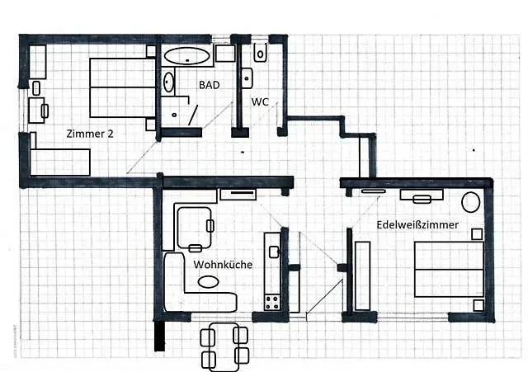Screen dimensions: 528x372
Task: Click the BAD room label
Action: [x=209, y=85]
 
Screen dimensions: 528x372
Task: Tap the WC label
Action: [x=260, y=101]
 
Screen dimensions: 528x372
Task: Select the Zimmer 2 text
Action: [x=90, y=134]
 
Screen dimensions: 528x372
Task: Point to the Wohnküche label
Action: [x=223, y=265]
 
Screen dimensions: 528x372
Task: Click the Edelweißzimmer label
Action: [x=417, y=224]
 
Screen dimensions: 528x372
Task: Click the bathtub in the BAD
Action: [x=187, y=56]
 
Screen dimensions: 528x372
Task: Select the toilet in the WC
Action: [x=261, y=53]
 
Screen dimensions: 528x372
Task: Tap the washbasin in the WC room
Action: [x=247, y=78]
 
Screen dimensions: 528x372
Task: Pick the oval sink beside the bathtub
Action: [x=168, y=82]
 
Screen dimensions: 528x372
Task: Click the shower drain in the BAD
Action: [x=174, y=115]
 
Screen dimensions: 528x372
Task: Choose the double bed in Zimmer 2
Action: [x=123, y=88]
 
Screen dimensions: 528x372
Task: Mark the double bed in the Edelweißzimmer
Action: [x=449, y=269]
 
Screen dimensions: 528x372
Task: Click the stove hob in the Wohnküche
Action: [x=272, y=303]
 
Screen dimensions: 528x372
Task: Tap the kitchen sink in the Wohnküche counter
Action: [x=274, y=252]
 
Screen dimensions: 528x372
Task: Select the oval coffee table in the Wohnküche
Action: [x=208, y=282]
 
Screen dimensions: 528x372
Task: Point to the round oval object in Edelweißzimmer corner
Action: [x=471, y=202]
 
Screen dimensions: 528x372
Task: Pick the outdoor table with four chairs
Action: [x=224, y=346]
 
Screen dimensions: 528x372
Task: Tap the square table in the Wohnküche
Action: [x=195, y=228]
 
